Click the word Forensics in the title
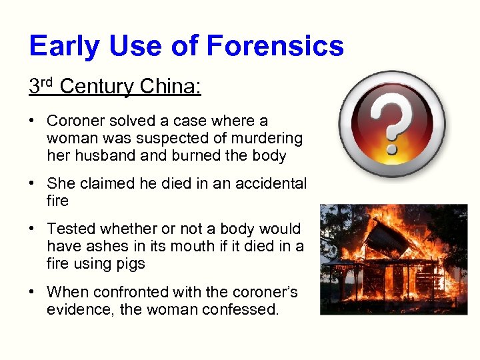pyautogui.click(x=275, y=46)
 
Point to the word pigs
pyautogui.click(x=130, y=263)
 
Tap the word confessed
pyautogui.click(x=243, y=309)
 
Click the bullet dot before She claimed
pyautogui.click(x=32, y=184)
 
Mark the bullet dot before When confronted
pyautogui.click(x=32, y=293)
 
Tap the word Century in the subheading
pyautogui.click(x=98, y=87)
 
